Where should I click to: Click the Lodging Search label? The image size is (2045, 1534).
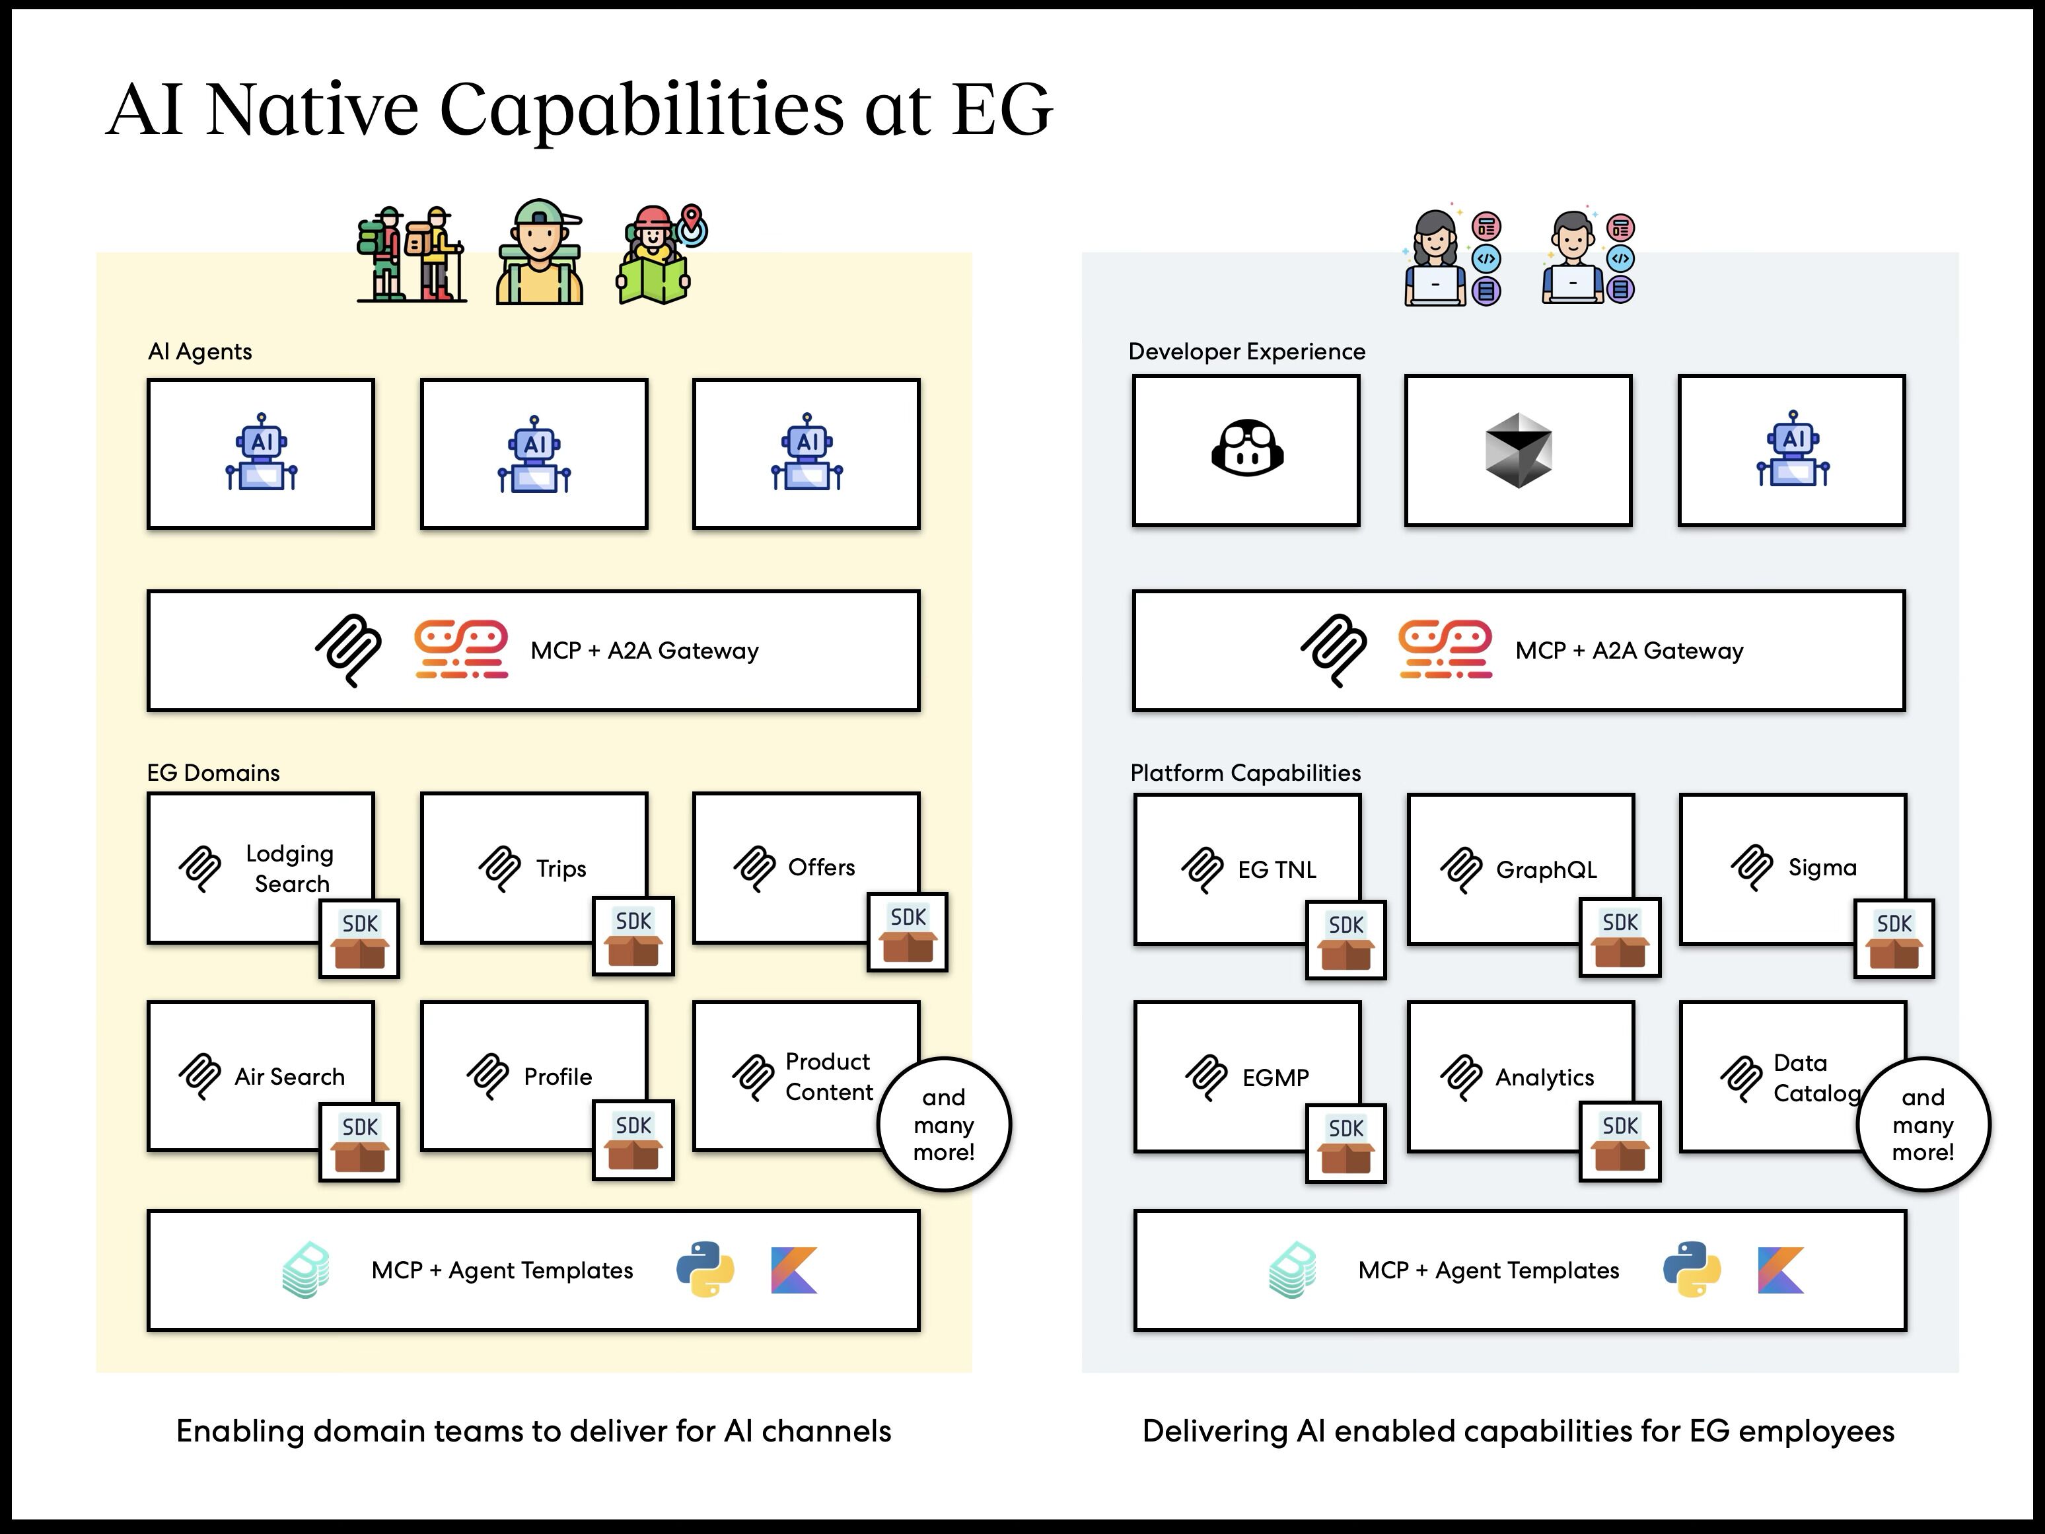(290, 868)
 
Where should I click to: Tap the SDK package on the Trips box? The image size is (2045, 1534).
(633, 935)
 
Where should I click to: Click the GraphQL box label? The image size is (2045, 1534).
(1546, 870)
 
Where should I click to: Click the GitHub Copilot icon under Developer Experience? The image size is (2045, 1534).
(1247, 449)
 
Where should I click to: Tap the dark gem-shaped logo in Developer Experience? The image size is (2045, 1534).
(1518, 451)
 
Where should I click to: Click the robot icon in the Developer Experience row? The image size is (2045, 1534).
(1793, 449)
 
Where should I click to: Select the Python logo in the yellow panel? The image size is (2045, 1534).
(705, 1270)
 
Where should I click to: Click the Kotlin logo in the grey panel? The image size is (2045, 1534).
(1781, 1270)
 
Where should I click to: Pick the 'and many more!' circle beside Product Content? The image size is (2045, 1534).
(944, 1124)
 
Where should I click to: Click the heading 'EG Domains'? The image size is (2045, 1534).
(213, 773)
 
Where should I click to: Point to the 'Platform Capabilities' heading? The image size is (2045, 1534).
(1245, 773)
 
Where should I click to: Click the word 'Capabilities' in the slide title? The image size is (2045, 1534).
(641, 109)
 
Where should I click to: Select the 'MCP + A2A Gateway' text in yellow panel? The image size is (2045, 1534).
(645, 651)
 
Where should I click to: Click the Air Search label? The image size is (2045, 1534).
(289, 1077)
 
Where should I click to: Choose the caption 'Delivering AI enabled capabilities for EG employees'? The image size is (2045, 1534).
(1518, 1432)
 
